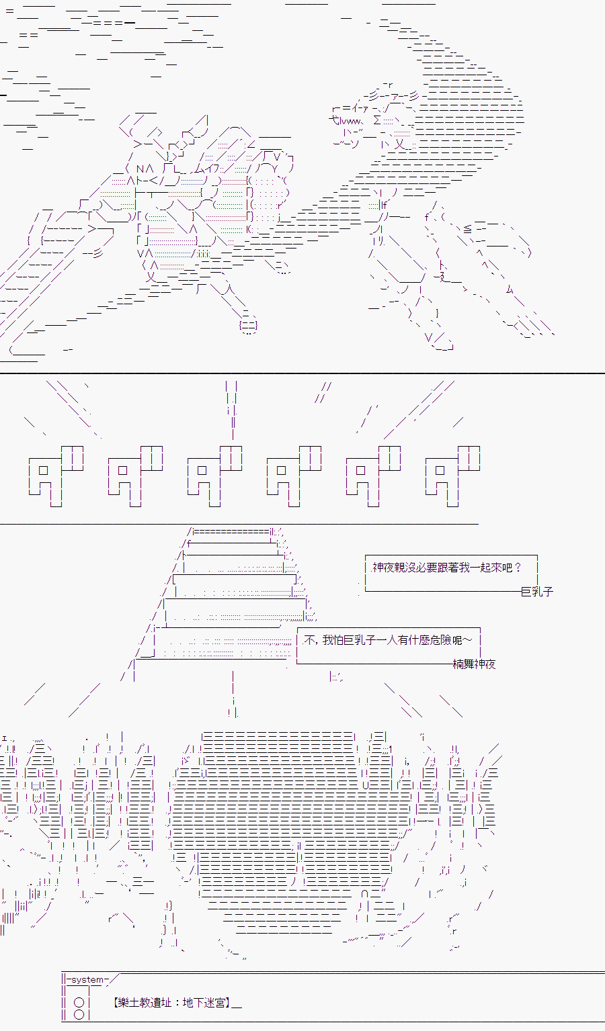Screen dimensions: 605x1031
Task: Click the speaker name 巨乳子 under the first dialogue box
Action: coord(537,592)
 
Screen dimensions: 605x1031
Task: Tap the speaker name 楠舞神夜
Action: coord(474,664)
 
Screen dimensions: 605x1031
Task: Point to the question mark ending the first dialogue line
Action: coord(518,568)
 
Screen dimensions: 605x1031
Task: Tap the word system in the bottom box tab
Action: coord(87,979)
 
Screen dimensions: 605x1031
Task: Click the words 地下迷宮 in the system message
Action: coord(203,1003)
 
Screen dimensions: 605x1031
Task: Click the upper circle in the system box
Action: coord(79,1002)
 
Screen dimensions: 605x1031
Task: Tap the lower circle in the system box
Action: coord(79,1014)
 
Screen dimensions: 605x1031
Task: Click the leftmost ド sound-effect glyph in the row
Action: coord(56,476)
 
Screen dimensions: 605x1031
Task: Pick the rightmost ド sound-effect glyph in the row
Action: coord(452,476)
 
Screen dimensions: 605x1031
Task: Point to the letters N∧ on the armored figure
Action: coord(145,169)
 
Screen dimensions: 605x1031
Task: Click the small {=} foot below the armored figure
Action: coord(248,325)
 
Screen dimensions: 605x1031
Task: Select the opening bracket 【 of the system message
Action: coord(116,1003)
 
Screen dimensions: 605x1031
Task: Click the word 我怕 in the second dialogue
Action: coord(333,640)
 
